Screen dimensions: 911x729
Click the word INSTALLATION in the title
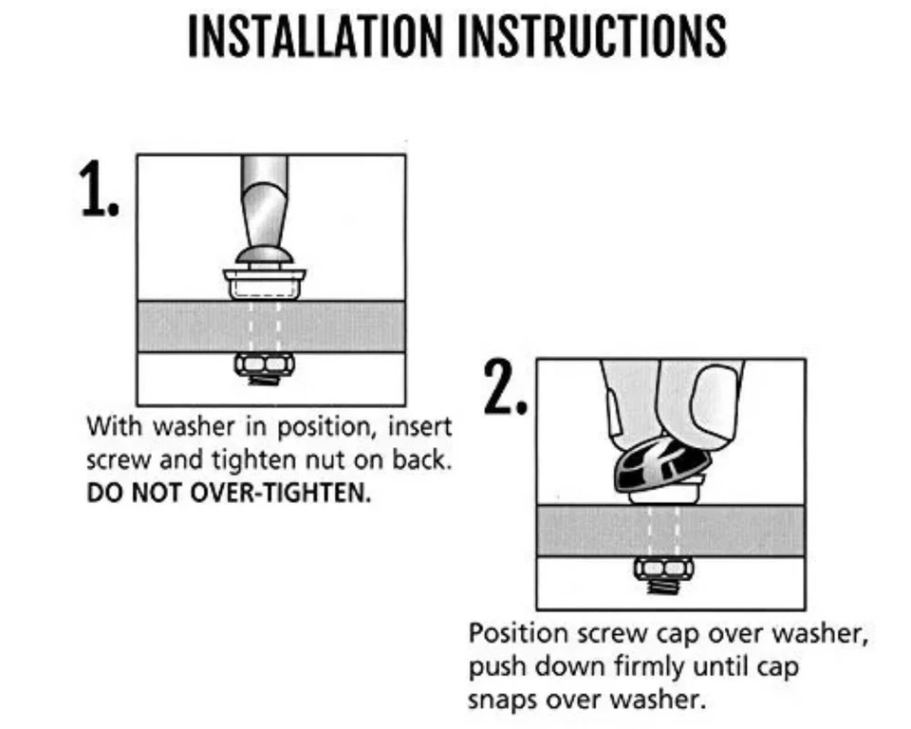315,36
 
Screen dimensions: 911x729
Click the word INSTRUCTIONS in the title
592,36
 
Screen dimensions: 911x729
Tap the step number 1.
99,189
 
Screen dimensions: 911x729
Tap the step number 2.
506,387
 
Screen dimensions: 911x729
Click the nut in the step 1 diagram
265,364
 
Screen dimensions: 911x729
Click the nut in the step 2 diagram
663,568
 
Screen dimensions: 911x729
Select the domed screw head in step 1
265,255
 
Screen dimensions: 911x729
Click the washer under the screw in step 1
265,284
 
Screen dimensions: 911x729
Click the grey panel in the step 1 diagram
271,327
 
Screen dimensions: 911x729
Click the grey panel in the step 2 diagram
671,531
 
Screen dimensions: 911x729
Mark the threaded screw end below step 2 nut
664,586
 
